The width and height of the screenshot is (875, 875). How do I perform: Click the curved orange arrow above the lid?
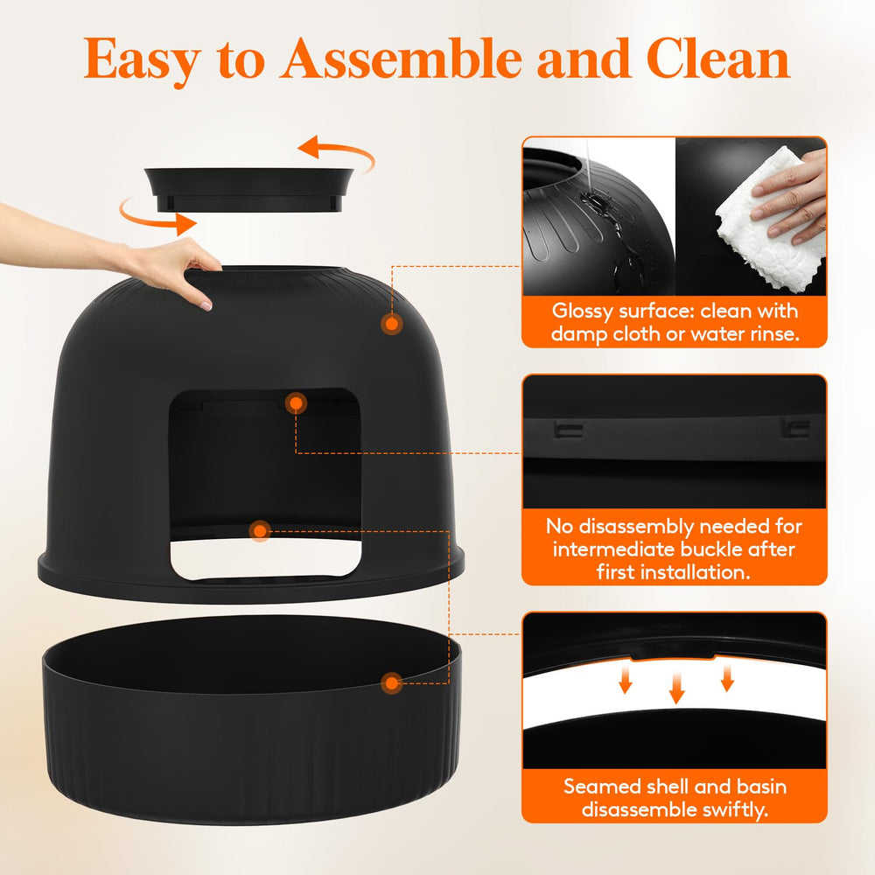tap(337, 154)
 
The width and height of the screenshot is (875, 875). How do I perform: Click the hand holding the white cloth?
tap(792, 192)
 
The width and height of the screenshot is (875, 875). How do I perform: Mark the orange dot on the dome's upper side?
tap(392, 324)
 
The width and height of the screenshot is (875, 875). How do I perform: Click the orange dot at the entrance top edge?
tap(297, 402)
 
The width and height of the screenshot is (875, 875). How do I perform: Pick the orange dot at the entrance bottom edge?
tap(259, 530)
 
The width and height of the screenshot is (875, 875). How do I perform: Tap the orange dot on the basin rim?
tap(391, 682)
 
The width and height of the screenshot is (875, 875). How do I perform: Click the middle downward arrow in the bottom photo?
tap(676, 688)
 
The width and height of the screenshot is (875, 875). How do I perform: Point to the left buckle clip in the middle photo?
tap(568, 429)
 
